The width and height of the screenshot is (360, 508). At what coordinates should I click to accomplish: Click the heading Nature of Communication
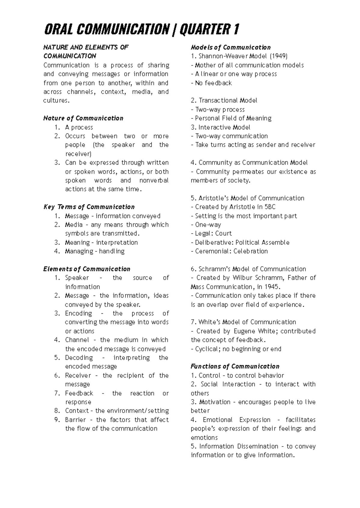click(83, 118)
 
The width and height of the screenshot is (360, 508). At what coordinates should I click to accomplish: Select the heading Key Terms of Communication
click(89, 207)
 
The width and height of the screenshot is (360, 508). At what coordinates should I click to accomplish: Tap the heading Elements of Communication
click(87, 269)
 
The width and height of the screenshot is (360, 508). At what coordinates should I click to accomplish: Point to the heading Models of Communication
click(230, 47)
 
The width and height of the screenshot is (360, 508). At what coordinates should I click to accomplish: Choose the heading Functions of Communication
click(235, 366)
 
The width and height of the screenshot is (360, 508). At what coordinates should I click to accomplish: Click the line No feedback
click(211, 83)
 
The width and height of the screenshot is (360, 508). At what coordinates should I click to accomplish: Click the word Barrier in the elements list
click(75, 420)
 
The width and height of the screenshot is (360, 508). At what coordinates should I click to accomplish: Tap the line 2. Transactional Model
click(224, 100)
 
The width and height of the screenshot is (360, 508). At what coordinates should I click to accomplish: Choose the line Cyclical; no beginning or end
click(236, 349)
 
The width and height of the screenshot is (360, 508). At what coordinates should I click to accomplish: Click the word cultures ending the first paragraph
click(55, 100)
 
